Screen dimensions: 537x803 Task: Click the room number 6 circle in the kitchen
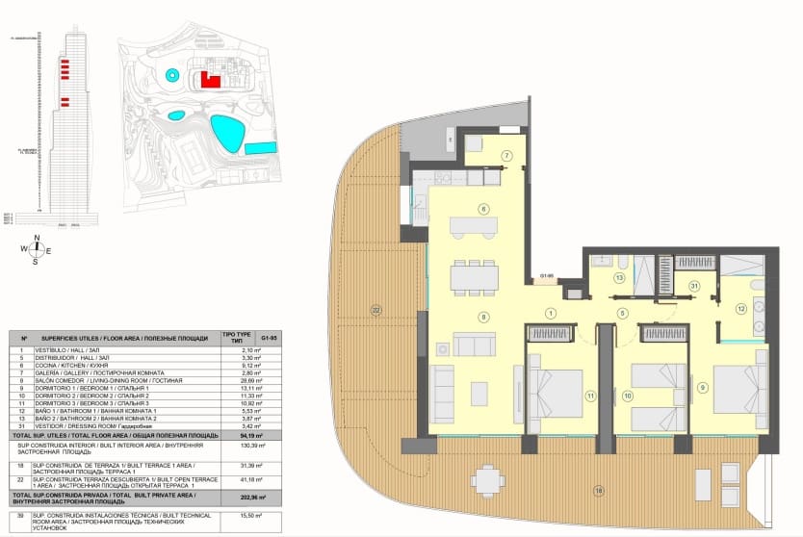tap(483, 209)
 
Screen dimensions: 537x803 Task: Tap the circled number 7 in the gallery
tap(505, 156)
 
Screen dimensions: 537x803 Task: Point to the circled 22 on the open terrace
tap(376, 309)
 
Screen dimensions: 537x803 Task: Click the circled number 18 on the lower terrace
tap(598, 492)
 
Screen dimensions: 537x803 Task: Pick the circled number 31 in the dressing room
tap(693, 285)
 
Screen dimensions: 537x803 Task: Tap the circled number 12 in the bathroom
tap(740, 309)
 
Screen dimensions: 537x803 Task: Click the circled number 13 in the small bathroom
tap(619, 277)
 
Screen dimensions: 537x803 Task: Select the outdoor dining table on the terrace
tap(488, 478)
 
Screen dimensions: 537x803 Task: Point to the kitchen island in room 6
tap(473, 226)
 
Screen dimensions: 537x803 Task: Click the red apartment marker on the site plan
tap(211, 81)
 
